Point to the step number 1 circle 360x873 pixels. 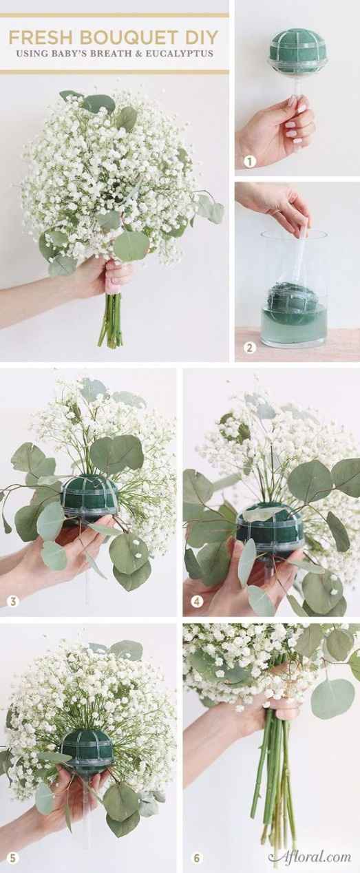pos(250,161)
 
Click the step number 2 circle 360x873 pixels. pos(250,347)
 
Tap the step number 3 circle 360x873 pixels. pos(13,601)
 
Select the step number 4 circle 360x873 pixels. pos(197,602)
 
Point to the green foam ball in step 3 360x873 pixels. pos(89,496)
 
